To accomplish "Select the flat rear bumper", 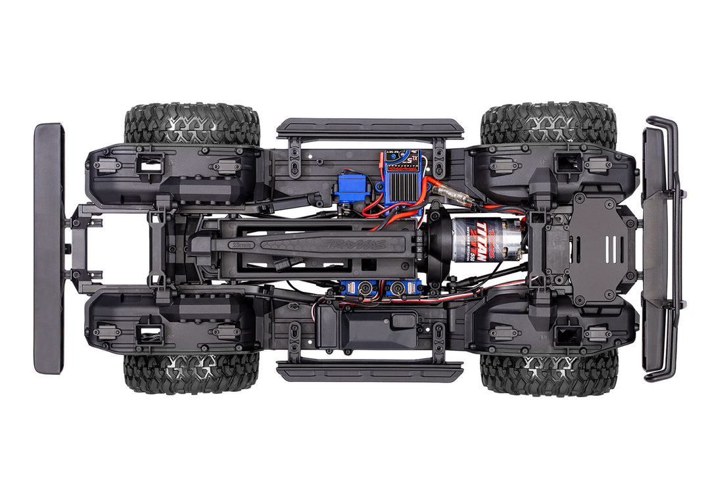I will (49, 248).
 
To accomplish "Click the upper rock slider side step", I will (369, 128).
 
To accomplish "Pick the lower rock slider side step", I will (369, 372).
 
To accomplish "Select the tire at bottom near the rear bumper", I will (191, 373).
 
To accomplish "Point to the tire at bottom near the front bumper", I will (550, 373).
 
